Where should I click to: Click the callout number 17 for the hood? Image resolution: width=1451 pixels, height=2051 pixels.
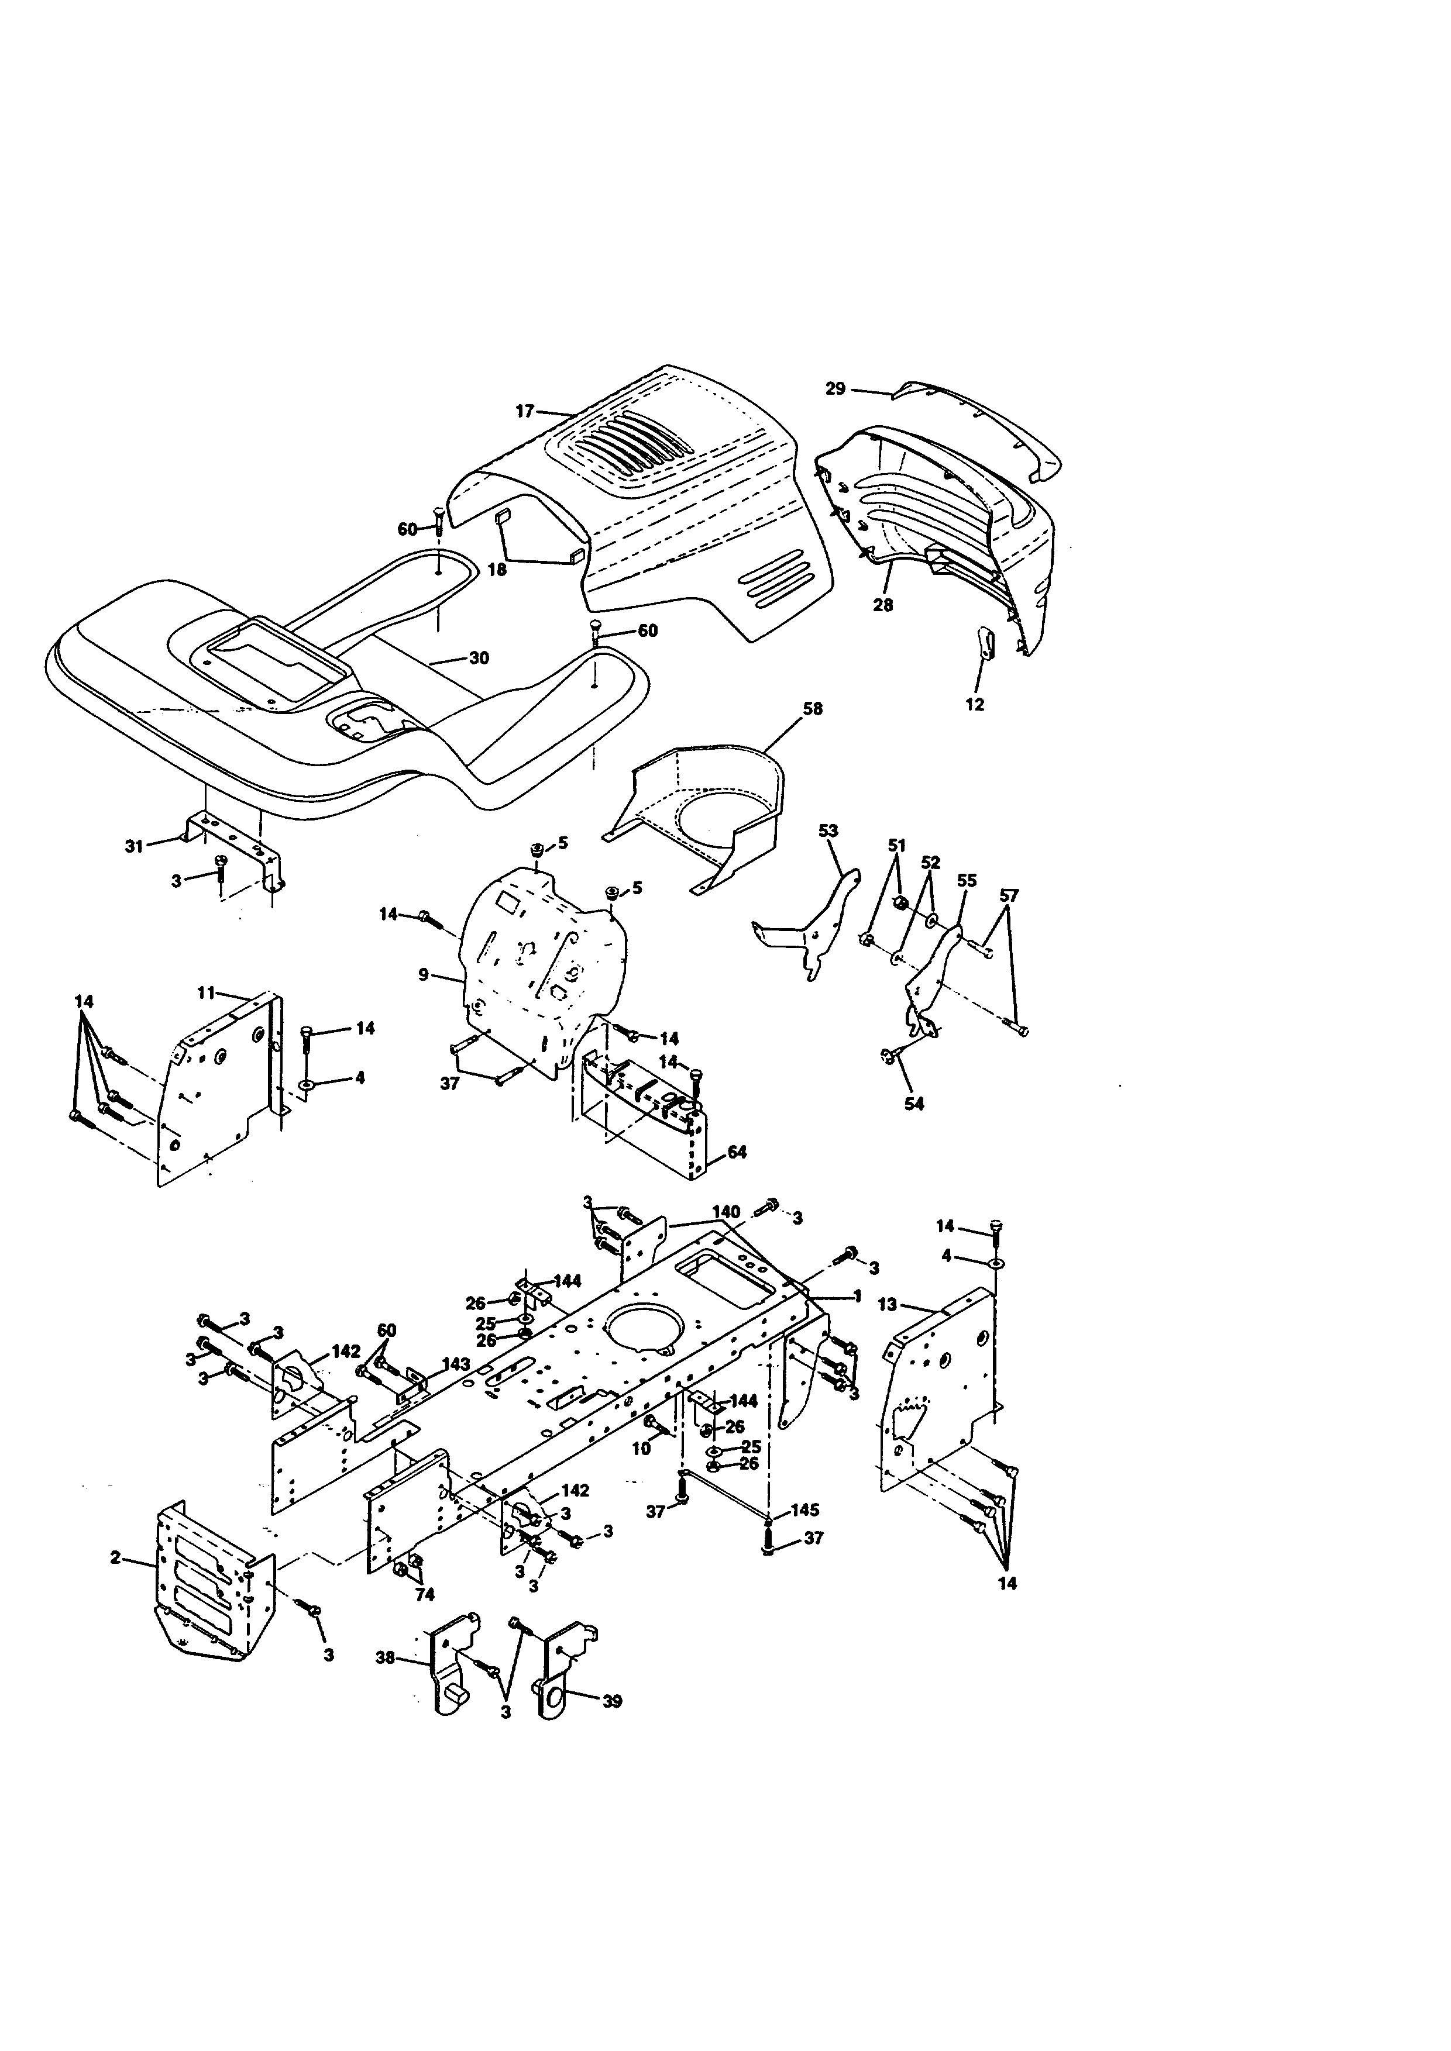(x=524, y=411)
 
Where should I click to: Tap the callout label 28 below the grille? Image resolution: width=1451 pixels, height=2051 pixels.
(x=883, y=605)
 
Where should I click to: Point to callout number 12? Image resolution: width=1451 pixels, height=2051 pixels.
(x=975, y=704)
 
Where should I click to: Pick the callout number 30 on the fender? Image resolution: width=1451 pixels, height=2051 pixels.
(x=479, y=659)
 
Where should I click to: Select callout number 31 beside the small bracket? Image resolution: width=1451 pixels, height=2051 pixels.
(x=134, y=846)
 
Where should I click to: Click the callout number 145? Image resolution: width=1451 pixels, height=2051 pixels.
(x=805, y=1509)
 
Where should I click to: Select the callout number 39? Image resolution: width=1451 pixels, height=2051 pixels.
(x=612, y=1701)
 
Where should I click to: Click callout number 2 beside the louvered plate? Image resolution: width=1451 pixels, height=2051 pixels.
(x=115, y=1557)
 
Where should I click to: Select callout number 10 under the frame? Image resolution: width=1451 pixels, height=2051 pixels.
(x=641, y=1449)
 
